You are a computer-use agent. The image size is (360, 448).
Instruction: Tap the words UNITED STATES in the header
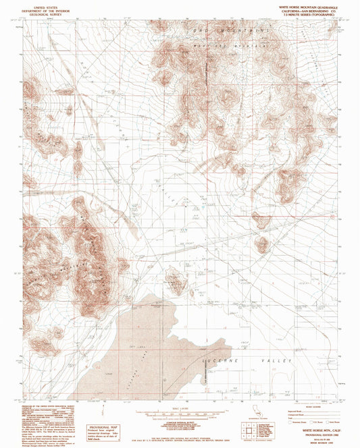coord(40,5)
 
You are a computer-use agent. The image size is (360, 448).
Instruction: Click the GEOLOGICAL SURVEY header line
coord(40,11)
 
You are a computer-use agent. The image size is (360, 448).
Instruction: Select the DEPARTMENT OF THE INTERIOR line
coord(40,8)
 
